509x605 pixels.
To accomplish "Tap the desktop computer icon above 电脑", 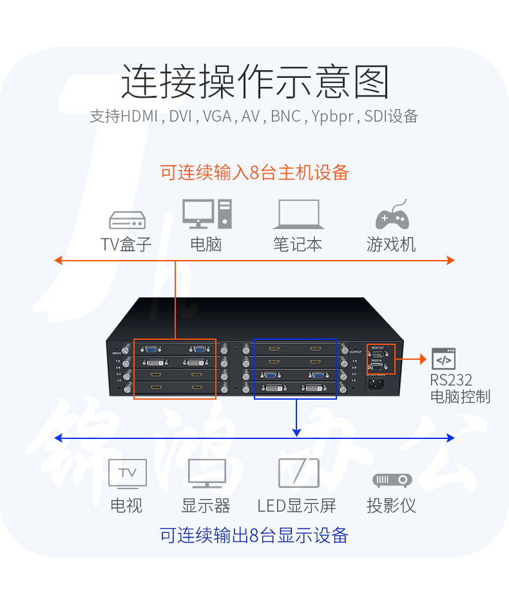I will coord(206,214).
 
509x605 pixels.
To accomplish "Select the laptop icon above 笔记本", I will coord(298,215).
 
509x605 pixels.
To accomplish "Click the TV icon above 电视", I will coord(127,474).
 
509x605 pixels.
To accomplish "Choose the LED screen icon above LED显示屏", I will coord(298,473).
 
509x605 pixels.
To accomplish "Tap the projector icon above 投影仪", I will coord(392,480).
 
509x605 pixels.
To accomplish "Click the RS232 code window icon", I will coord(443,358).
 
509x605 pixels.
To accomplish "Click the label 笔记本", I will coord(298,245).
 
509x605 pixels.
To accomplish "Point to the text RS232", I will coord(451,379).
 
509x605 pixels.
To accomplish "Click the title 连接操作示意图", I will coord(255,82).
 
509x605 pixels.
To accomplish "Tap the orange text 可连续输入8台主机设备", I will coord(254,172).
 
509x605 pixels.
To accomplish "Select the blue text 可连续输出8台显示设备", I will coord(254,535).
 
